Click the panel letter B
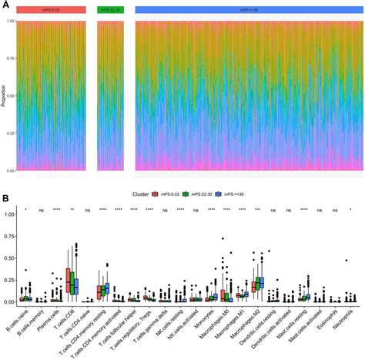(5, 199)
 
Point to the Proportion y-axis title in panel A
(5, 97)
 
